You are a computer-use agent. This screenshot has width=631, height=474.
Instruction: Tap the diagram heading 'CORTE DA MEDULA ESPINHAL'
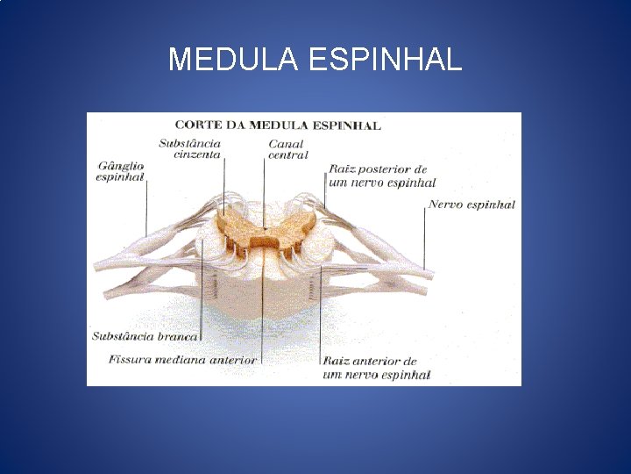tap(278, 125)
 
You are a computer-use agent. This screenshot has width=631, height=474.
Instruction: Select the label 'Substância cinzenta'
tap(190, 148)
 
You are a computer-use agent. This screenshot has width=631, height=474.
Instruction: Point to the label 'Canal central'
tap(287, 149)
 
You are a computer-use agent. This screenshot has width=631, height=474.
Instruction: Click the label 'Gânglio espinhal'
tap(120, 170)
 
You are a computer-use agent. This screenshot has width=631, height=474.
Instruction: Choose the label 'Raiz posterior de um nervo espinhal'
tap(381, 176)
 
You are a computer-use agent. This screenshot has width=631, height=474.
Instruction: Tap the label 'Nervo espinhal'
tap(471, 205)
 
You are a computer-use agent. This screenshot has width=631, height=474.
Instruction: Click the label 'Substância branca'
tap(145, 335)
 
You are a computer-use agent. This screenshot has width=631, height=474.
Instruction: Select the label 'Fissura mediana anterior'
tap(182, 359)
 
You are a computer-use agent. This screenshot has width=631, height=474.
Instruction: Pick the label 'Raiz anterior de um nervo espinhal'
tap(375, 368)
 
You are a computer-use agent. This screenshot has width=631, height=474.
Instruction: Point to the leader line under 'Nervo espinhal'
tap(425, 237)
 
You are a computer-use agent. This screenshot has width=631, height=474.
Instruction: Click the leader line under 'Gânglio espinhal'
tap(146, 206)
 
